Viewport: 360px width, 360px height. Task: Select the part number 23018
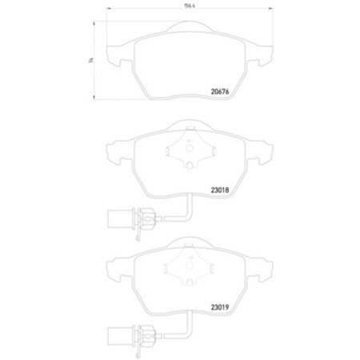(221, 191)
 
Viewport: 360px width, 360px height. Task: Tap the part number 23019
(221, 305)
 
